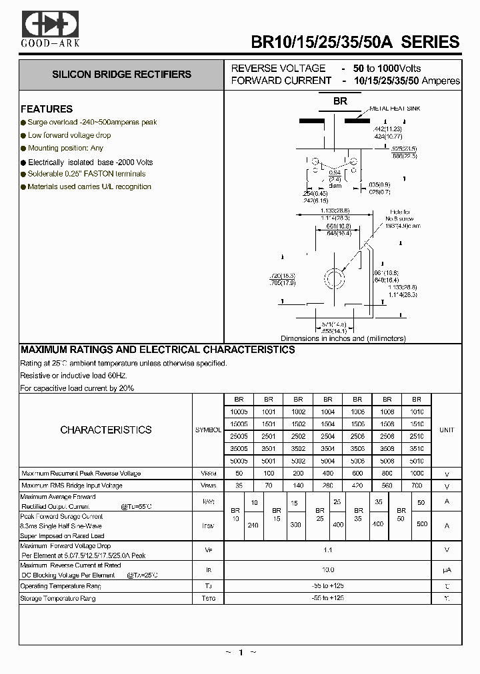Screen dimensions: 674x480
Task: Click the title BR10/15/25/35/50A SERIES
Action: tap(355, 42)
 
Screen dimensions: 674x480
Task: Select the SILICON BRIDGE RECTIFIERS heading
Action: tap(122, 75)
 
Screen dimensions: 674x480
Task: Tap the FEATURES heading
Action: tap(47, 109)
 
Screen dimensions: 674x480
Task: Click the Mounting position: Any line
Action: tap(65, 148)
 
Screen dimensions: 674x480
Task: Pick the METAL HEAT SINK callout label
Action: tap(395, 109)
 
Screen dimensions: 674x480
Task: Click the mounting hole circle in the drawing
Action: tap(333, 278)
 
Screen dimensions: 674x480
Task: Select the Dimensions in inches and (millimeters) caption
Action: tap(343, 338)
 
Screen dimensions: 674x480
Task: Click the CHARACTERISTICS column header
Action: tap(106, 430)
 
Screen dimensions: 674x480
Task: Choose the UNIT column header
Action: tap(446, 430)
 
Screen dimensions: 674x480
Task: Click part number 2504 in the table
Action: tap(328, 436)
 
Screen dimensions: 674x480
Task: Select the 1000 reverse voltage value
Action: tap(417, 474)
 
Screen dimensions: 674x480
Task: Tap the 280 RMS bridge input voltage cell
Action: tap(328, 486)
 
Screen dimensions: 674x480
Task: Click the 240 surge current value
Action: tap(253, 525)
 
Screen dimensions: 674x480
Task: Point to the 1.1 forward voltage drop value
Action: tap(328, 550)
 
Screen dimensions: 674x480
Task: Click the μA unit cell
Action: tap(446, 570)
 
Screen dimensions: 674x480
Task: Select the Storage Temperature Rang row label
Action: tap(59, 599)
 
